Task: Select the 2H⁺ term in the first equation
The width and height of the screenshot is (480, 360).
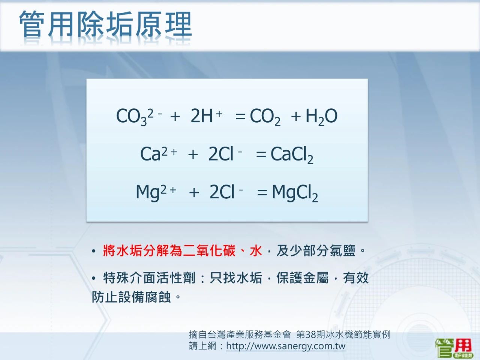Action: [x=206, y=116]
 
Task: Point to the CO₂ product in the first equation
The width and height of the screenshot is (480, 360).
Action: [x=265, y=117]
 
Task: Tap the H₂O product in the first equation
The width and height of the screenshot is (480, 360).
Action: [x=321, y=117]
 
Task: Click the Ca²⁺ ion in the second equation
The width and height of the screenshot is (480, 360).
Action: [x=159, y=154]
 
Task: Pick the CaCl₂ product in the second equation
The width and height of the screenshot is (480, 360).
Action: [x=292, y=155]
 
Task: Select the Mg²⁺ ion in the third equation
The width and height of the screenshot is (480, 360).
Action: [x=156, y=193]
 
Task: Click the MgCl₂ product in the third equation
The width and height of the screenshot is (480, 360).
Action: [x=295, y=193]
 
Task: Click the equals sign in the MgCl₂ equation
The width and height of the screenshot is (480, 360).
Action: [x=262, y=193]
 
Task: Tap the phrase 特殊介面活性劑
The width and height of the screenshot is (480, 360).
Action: [x=149, y=278]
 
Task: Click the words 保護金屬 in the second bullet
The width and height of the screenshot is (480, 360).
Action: [x=302, y=278]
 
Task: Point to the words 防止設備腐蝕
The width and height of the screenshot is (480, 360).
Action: [x=131, y=297]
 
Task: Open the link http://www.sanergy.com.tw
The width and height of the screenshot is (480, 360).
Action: [x=286, y=346]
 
